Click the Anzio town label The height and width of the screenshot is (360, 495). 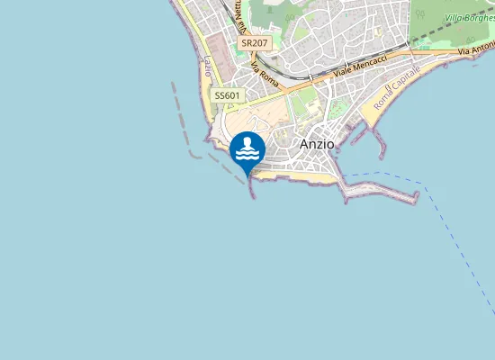[316, 144]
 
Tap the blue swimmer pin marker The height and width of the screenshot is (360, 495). [247, 149]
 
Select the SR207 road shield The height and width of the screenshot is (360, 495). [255, 43]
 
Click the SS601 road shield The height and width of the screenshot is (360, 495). [227, 95]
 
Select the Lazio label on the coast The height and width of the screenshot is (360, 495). [209, 66]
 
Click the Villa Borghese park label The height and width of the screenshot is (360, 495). [469, 17]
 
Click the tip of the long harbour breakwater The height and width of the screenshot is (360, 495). [417, 195]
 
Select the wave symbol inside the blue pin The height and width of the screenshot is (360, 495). [247, 155]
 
